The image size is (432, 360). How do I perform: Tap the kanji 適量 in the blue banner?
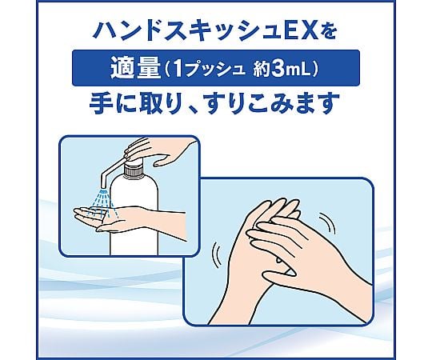tap(135, 69)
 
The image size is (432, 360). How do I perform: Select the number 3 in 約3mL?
tap(278, 69)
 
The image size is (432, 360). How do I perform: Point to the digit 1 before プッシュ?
tap(178, 69)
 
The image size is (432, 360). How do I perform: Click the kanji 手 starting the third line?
tap(101, 103)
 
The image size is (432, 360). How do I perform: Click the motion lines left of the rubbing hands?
tap(217, 254)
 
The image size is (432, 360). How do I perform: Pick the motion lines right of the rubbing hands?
tap(329, 223)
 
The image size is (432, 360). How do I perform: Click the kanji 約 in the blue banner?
tap(261, 69)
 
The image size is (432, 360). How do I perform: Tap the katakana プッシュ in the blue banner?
tap(216, 69)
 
